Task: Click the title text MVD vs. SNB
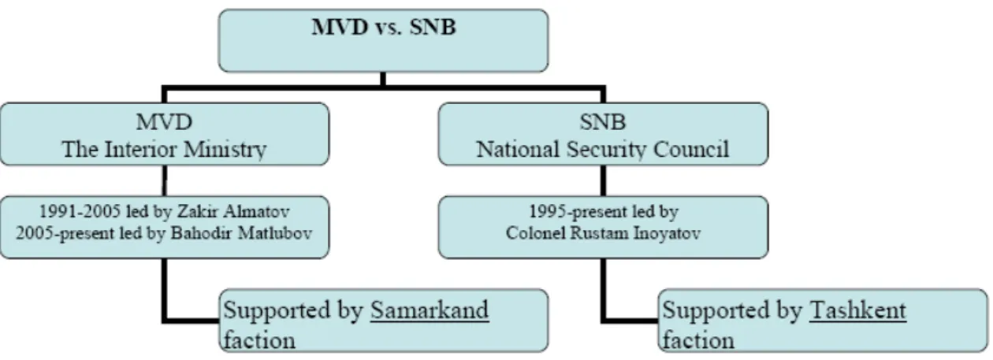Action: pyautogui.click(x=384, y=27)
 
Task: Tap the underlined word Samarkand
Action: pyautogui.click(x=430, y=310)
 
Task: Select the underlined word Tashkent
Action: pyautogui.click(x=857, y=310)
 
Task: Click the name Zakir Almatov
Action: pyautogui.click(x=233, y=211)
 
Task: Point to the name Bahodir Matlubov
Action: pyautogui.click(x=242, y=233)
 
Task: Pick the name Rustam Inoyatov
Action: pyautogui.click(x=635, y=233)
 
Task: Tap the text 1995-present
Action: pyautogui.click(x=578, y=212)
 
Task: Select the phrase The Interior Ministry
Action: pyautogui.click(x=164, y=149)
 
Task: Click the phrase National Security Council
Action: pyautogui.click(x=602, y=149)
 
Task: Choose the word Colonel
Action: pyautogui.click(x=536, y=233)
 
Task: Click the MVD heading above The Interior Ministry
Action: pyautogui.click(x=165, y=121)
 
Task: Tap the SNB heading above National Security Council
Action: pyautogui.click(x=603, y=121)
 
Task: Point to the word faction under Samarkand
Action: pyautogui.click(x=259, y=340)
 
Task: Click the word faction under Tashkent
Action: pyautogui.click(x=698, y=340)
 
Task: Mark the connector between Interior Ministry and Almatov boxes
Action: pyautogui.click(x=165, y=181)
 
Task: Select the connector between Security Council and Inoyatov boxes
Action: pyautogui.click(x=603, y=181)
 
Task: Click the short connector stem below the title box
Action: pyautogui.click(x=383, y=79)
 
